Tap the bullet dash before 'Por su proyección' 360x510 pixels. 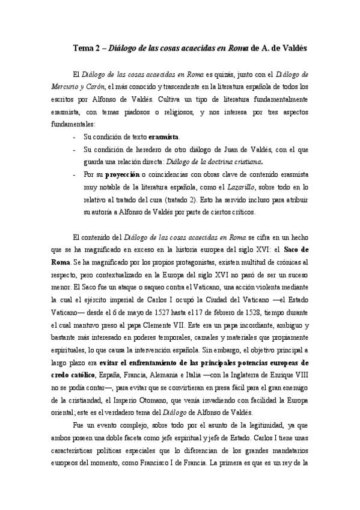point(73,174)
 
